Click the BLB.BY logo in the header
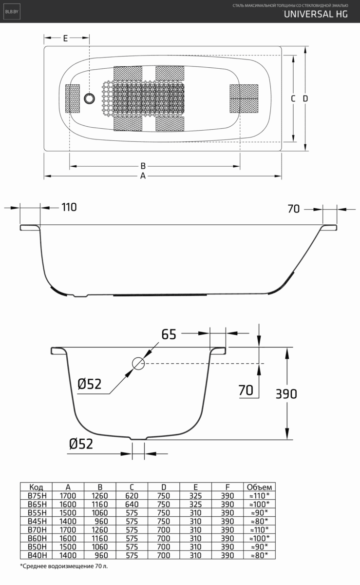coord(12,12)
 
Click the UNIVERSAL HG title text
coord(316,14)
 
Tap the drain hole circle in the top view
coord(90,98)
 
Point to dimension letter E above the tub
coord(66,38)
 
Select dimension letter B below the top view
coord(143,166)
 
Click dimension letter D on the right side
coord(305,98)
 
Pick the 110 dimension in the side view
coord(69,207)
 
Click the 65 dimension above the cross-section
coord(169,334)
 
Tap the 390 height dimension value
coord(286,394)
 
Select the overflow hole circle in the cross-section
coord(138,363)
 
